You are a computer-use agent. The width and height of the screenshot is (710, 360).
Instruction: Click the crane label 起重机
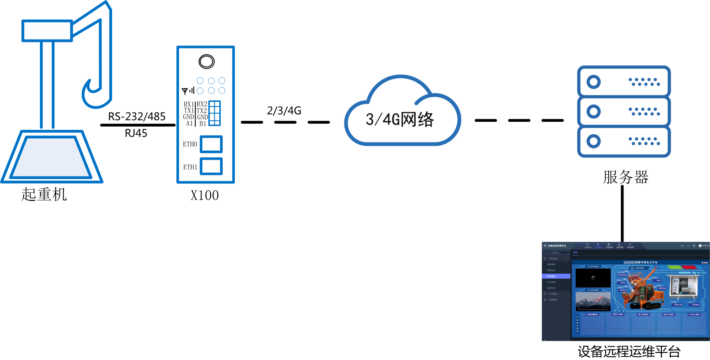(x=44, y=194)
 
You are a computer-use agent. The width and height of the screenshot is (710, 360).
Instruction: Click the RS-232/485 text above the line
(x=136, y=117)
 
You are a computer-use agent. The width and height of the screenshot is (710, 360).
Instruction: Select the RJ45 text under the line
(x=136, y=133)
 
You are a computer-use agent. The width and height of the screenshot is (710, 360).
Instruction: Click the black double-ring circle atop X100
(x=206, y=61)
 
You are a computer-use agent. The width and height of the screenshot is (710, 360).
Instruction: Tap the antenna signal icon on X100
(x=188, y=91)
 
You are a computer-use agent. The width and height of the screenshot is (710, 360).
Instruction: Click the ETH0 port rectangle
(x=211, y=144)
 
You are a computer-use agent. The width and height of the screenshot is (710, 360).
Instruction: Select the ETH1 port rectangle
(x=211, y=166)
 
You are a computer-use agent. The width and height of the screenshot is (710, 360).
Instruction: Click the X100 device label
(x=204, y=195)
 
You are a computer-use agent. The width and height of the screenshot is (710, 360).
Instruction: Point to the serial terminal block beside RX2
(x=214, y=113)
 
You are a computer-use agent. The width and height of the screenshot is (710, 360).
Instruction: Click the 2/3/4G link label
(x=284, y=111)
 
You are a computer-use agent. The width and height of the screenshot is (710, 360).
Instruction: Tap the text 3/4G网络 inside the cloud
(x=399, y=120)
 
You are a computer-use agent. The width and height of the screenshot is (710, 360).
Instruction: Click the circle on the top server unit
(x=594, y=82)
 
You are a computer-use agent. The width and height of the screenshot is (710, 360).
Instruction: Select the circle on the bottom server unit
(x=594, y=141)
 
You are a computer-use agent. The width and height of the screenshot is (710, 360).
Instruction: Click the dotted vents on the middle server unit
(x=644, y=111)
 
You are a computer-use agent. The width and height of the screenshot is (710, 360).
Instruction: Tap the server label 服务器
(x=626, y=177)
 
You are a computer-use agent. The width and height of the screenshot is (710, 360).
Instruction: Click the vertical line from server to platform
(x=622, y=215)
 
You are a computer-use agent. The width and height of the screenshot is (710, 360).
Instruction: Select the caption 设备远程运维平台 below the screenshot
(x=629, y=351)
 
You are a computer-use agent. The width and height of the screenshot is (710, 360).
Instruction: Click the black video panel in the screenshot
(x=593, y=278)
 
